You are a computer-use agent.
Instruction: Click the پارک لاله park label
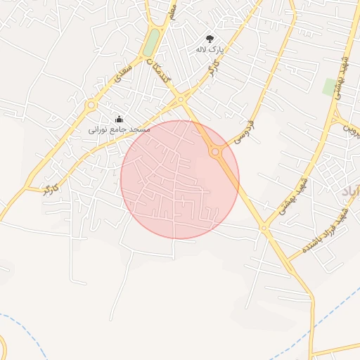209,50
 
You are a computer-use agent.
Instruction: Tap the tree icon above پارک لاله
210,39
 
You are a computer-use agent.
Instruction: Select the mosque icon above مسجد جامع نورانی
119,119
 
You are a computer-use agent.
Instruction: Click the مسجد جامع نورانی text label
120,130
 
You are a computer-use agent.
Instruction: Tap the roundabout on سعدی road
91,105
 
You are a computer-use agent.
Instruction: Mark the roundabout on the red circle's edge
214,152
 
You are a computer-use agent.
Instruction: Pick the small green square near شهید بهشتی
329,87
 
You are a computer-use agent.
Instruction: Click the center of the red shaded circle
180,179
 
